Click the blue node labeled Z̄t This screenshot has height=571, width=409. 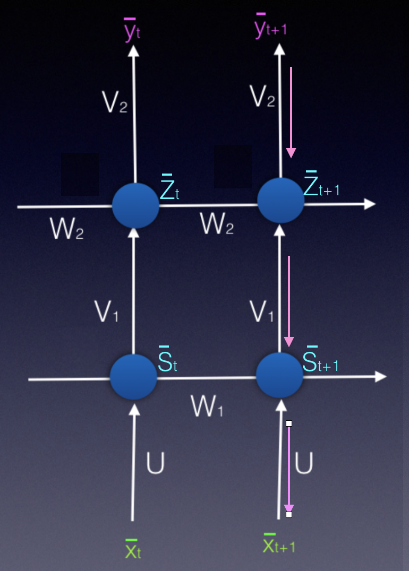point(135,206)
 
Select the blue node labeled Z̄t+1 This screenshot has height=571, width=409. point(280,201)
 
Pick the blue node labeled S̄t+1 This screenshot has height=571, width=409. point(279,375)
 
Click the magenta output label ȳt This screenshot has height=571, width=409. point(132,31)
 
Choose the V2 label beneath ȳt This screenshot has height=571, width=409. point(115,102)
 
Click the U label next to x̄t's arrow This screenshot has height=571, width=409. point(155,463)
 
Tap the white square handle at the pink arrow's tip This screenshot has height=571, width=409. point(289,514)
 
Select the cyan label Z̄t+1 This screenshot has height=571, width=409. point(321,185)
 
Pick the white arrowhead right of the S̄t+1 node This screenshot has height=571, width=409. point(380,376)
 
